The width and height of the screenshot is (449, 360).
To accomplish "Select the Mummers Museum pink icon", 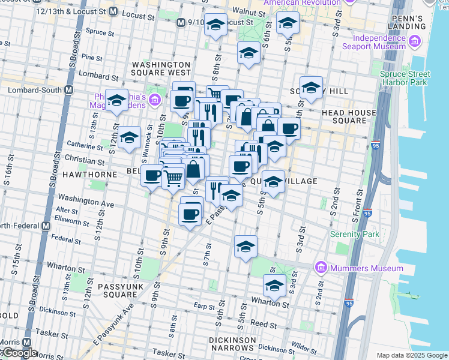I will click(321, 268).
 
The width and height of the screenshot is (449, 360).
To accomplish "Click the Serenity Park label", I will click(355, 233).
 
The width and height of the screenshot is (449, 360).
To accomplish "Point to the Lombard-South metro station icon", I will click(68, 90).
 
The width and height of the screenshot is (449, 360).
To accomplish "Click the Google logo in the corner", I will click(19, 353).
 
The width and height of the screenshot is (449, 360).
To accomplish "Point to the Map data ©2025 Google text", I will click(412, 355).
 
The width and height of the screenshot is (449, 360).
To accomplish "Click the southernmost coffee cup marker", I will click(191, 214).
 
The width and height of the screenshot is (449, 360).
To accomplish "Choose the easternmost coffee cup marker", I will click(289, 128).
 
